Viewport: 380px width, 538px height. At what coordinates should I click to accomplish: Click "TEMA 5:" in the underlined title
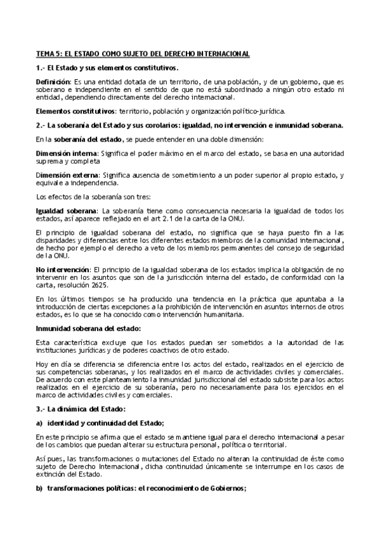pos(48,54)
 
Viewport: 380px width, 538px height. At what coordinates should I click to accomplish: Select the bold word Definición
pos(53,82)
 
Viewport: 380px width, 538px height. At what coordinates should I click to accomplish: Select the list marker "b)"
pos(39,489)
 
